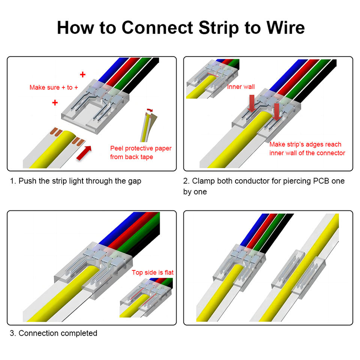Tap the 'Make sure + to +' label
tap(54, 87)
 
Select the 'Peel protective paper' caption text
tap(141, 148)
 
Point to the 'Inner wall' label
tap(241, 87)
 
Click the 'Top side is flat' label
tap(153, 272)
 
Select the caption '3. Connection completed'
tap(53, 333)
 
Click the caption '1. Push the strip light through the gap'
tap(75, 181)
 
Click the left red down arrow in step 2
tap(251, 103)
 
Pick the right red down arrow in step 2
tap(277, 112)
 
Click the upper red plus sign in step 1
tap(83, 74)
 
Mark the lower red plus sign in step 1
tap(55, 102)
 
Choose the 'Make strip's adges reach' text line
tap(305, 144)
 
